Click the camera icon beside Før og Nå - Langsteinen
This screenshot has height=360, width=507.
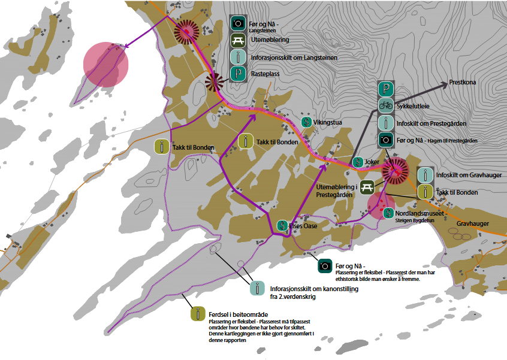tap(239, 23)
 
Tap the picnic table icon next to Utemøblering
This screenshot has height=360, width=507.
tap(239, 40)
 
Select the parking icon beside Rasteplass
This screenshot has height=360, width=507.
tap(239, 74)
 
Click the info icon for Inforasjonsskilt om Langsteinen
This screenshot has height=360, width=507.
tap(239, 58)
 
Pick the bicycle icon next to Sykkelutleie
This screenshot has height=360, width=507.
tap(385, 106)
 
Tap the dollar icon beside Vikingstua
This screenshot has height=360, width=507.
tap(306, 122)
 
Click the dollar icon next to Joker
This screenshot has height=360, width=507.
tap(358, 162)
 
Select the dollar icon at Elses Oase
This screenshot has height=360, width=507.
tap(281, 226)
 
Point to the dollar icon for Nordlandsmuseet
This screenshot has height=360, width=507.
tap(388, 212)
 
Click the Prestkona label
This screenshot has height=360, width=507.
tap(463, 83)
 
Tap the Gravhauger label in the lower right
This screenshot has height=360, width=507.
tap(473, 224)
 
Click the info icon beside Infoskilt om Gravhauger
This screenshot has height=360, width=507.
tap(425, 176)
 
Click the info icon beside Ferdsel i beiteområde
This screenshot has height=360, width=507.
tap(197, 313)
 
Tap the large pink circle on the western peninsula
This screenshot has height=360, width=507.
tap(105, 63)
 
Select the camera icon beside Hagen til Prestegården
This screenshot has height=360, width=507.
tap(385, 140)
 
